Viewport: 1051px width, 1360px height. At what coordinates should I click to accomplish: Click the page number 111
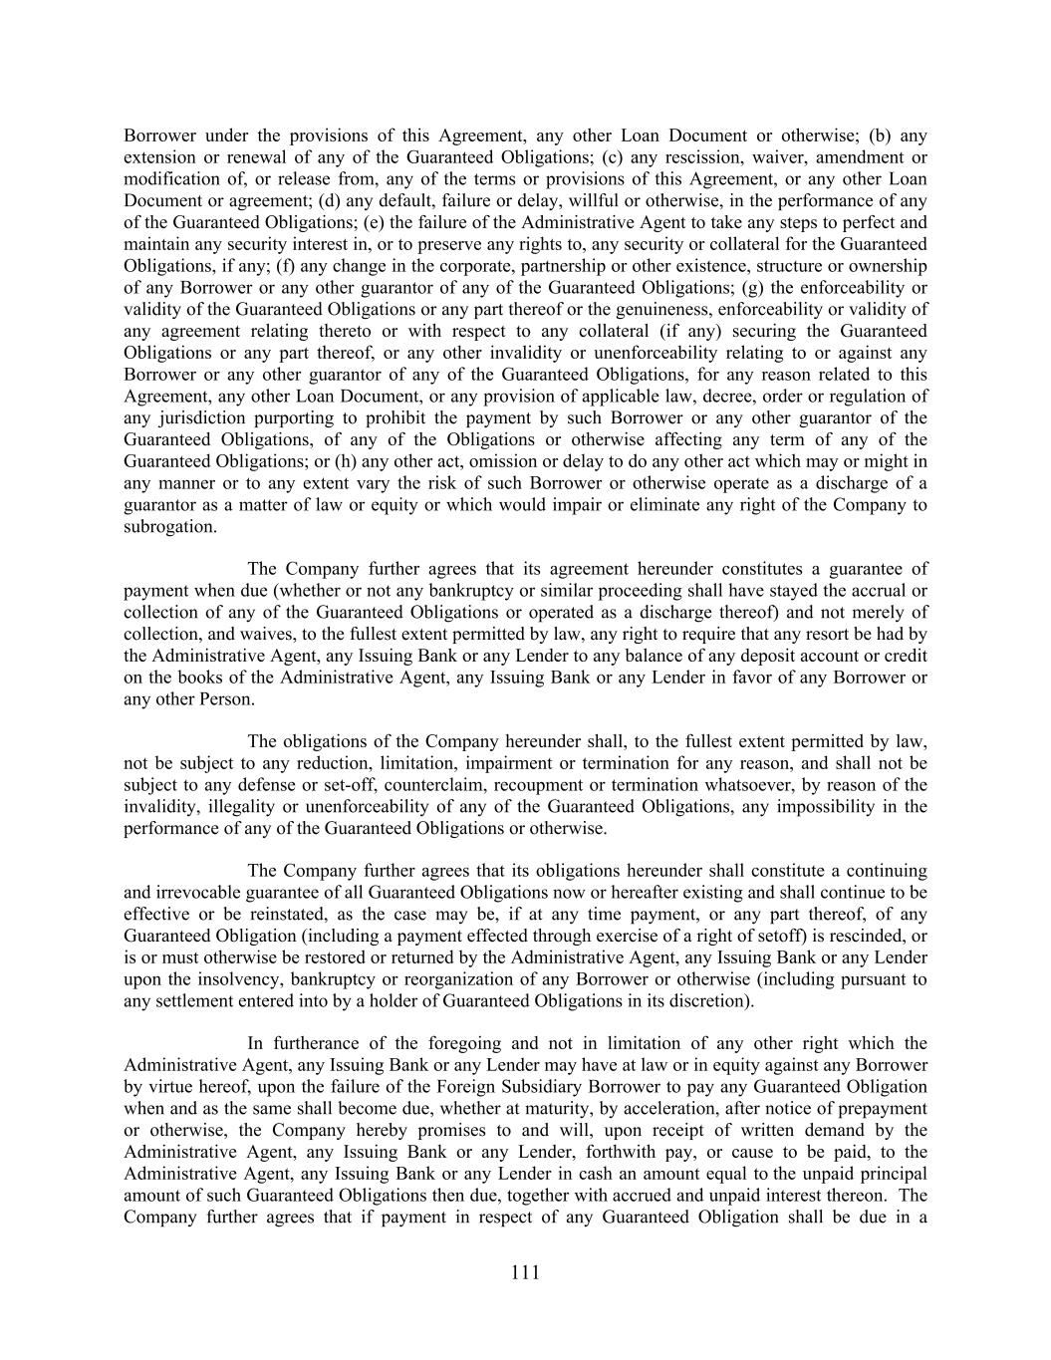(x=525, y=1272)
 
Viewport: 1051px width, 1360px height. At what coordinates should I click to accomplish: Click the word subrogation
(x=169, y=526)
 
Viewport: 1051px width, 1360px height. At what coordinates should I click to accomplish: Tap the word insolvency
(x=237, y=979)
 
